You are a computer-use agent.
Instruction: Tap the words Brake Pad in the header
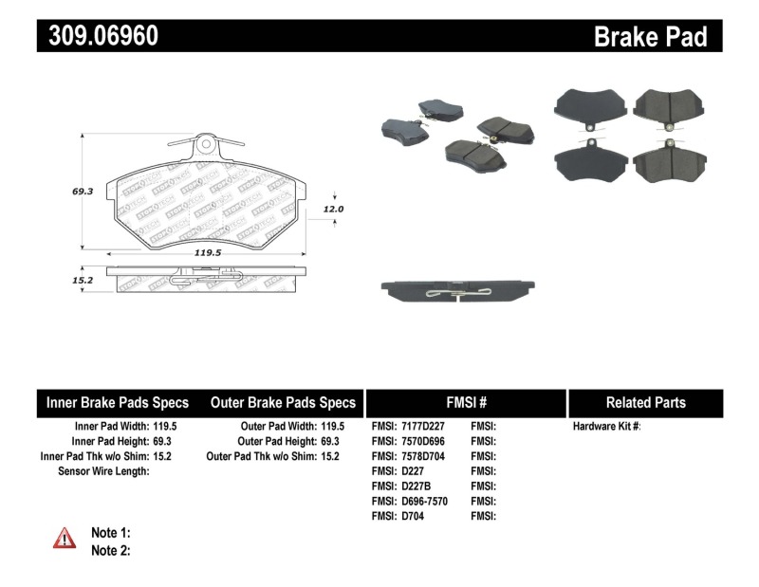pos(650,36)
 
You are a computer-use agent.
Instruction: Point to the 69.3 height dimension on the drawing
pos(83,191)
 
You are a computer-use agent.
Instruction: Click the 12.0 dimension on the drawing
pos(332,209)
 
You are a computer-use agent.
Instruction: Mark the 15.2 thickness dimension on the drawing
pos(82,281)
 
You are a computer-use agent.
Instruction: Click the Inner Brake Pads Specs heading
pos(118,402)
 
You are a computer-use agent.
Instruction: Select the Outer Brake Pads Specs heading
pos(283,402)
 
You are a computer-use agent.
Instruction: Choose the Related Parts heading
pos(645,402)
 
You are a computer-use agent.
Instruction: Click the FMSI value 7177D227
pos(421,427)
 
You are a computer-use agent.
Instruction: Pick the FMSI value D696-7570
pos(423,502)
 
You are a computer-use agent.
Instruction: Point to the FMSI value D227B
pos(416,486)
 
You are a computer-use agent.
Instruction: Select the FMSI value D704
pos(412,517)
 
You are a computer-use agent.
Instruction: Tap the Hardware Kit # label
pos(606,427)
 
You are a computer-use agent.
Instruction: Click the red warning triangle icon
pos(65,539)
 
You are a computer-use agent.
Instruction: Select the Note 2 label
pos(110,550)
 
